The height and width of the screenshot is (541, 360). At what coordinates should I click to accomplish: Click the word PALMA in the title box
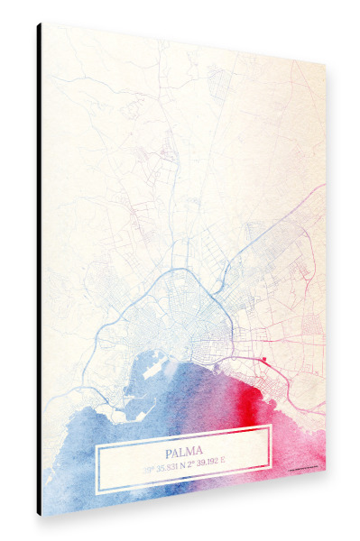[x=185, y=451]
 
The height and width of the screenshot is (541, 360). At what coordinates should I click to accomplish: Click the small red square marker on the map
[x=264, y=362]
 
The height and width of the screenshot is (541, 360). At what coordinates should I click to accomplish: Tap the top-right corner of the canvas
[x=325, y=65]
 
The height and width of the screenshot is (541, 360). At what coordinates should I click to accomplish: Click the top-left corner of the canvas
[x=42, y=23]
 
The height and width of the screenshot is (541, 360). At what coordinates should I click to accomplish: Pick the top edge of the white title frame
[x=185, y=429]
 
